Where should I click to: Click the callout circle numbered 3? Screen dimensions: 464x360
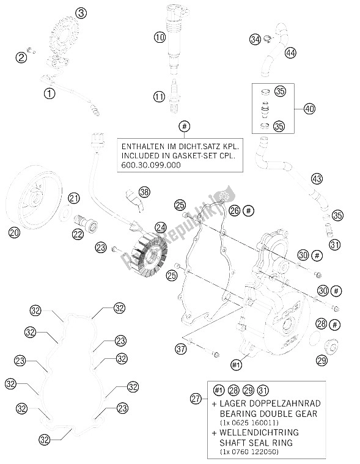click(x=82, y=13)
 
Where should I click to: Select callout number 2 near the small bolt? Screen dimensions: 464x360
click(x=21, y=57)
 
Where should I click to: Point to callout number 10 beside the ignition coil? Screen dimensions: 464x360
click(x=160, y=37)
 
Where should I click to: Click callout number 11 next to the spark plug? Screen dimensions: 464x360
click(x=160, y=96)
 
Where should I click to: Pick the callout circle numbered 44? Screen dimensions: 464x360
click(x=290, y=53)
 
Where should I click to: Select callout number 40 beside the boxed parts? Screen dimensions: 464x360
click(x=310, y=109)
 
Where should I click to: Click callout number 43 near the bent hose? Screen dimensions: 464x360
click(x=316, y=179)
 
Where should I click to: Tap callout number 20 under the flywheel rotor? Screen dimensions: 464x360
click(x=14, y=232)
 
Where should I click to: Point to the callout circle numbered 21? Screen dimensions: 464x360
click(x=74, y=197)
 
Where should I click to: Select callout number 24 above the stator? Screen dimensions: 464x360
click(x=161, y=227)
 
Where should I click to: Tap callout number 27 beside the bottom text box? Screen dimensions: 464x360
click(x=195, y=399)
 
